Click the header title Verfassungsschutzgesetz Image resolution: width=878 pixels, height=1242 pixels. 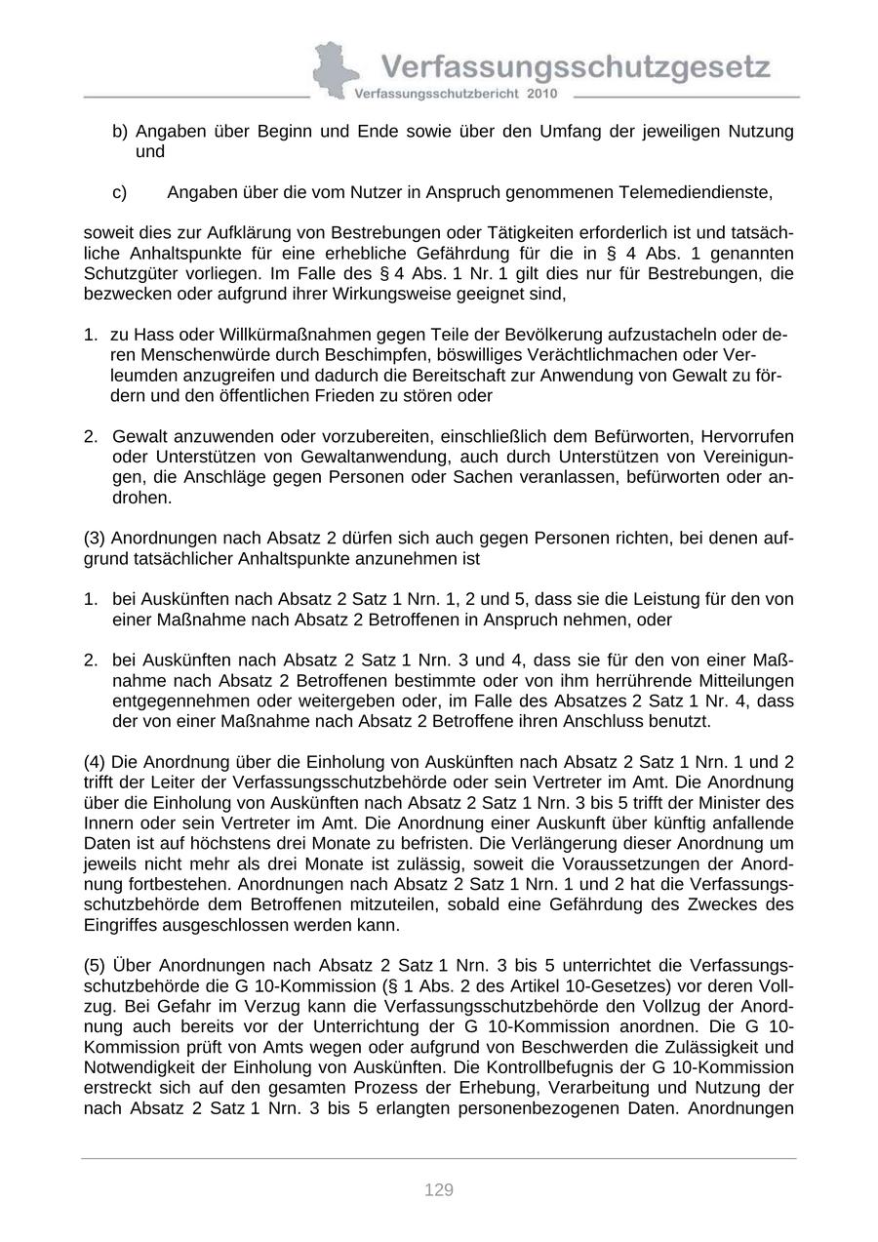click(x=576, y=67)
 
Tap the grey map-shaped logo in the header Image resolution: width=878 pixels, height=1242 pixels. click(x=335, y=68)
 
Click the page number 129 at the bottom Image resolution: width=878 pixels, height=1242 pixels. click(x=439, y=1189)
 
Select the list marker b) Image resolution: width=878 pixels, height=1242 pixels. click(x=120, y=131)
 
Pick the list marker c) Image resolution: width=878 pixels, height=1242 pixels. click(x=120, y=192)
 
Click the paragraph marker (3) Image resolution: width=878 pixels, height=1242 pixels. click(x=96, y=539)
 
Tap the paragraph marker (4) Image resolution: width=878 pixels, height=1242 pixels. click(x=96, y=762)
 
